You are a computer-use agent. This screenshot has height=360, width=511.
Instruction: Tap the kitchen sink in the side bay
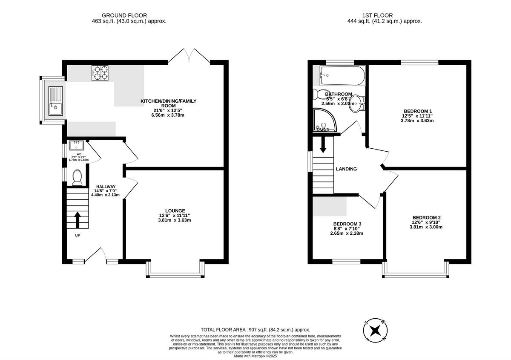[x=55, y=101]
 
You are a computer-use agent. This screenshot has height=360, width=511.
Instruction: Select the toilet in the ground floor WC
[x=77, y=178]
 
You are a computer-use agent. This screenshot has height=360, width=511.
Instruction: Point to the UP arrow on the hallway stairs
[x=78, y=220]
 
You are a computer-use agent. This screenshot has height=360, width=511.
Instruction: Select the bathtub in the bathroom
[x=342, y=76]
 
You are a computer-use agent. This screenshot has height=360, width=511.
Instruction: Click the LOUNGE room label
[x=175, y=210]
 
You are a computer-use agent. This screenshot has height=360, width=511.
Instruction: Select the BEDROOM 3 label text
[x=347, y=224]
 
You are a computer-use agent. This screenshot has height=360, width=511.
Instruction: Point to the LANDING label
[x=346, y=169]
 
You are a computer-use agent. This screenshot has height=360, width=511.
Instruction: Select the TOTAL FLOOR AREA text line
[x=255, y=330]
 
